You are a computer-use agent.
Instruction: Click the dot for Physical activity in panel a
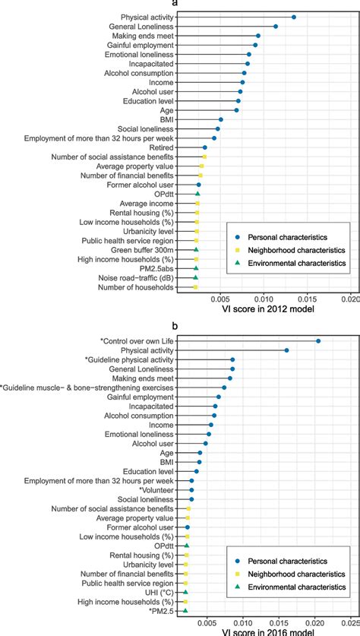click(x=294, y=17)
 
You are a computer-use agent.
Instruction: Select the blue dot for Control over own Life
click(x=318, y=341)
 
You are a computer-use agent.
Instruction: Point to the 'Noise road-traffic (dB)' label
click(x=139, y=277)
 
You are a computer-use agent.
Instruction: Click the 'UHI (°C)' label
click(x=159, y=591)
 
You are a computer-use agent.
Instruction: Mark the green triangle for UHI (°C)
click(x=185, y=591)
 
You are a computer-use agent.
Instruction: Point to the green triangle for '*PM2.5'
click(x=185, y=610)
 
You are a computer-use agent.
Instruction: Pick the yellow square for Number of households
click(x=195, y=287)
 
